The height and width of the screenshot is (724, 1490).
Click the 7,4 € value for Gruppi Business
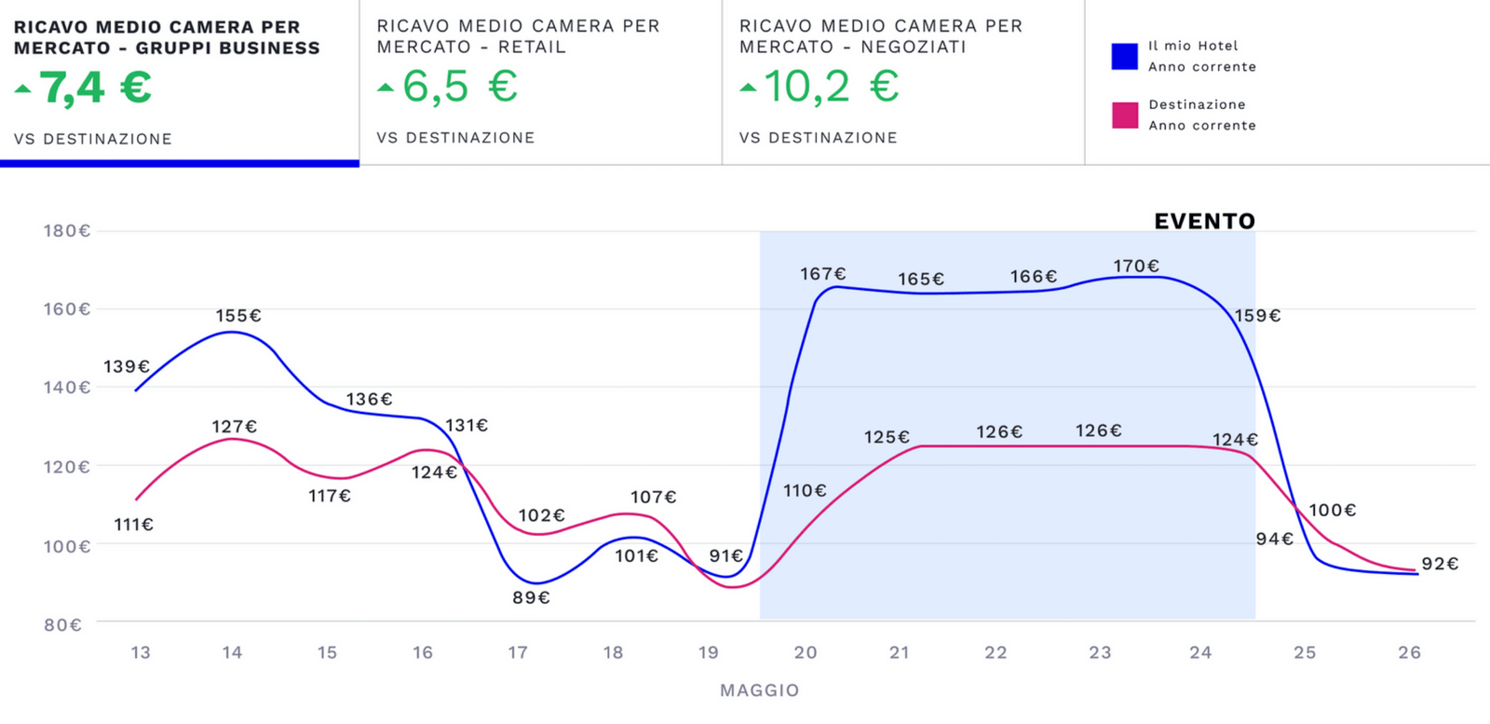[95, 88]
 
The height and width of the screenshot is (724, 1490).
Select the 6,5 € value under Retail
[460, 87]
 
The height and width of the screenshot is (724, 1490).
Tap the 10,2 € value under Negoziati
[831, 87]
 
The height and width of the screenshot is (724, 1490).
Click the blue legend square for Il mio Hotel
[1125, 57]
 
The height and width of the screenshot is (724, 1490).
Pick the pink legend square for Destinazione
[1125, 116]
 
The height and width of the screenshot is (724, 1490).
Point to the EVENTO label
[1204, 221]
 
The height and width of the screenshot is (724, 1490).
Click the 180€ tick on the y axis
[66, 231]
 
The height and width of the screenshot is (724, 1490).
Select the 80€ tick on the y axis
[63, 624]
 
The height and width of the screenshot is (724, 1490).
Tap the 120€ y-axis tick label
[66, 467]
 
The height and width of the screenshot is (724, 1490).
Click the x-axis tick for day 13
[141, 652]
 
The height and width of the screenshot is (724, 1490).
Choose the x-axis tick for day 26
[1409, 652]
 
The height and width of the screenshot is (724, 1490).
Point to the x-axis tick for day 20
[806, 652]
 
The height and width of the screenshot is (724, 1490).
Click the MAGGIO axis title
[759, 690]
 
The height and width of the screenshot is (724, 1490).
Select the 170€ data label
[1136, 266]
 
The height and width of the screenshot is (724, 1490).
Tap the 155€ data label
[238, 316]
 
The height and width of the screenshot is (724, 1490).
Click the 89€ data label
[531, 597]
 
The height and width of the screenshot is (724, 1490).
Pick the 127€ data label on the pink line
[234, 427]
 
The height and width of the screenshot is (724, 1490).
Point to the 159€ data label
[1257, 316]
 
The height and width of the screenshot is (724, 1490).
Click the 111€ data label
[133, 525]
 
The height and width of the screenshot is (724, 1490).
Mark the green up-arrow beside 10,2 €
[749, 88]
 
